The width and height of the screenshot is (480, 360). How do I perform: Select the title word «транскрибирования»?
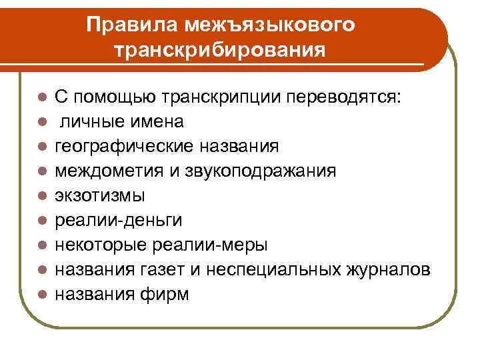(x=221, y=50)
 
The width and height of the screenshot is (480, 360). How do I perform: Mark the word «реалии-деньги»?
(x=119, y=221)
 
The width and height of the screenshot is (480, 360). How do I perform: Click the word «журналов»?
(x=386, y=270)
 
